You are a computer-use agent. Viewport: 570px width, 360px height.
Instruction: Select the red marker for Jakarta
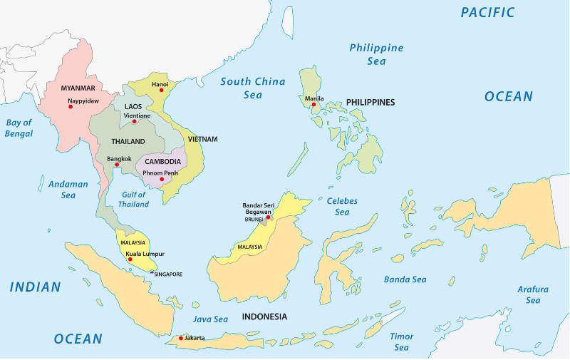(x=181, y=338)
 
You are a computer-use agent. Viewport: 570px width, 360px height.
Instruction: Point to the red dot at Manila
(x=313, y=105)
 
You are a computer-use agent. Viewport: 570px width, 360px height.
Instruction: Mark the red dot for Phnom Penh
(x=162, y=179)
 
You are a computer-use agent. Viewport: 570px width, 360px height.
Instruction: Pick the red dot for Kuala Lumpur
(x=130, y=259)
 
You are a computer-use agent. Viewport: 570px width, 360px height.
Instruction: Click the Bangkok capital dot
(x=117, y=165)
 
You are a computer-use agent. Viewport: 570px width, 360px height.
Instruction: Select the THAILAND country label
(x=128, y=141)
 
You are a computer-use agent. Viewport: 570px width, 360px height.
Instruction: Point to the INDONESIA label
(x=264, y=316)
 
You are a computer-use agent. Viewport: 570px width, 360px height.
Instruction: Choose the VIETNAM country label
(x=202, y=138)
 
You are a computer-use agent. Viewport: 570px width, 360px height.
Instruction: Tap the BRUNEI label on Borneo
(x=254, y=220)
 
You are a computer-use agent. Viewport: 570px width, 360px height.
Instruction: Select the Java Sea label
(x=210, y=320)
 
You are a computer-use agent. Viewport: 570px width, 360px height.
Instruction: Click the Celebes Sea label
(x=342, y=206)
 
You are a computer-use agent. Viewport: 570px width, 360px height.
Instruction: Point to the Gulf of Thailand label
(x=134, y=199)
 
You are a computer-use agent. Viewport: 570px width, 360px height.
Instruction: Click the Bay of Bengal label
(x=19, y=128)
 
